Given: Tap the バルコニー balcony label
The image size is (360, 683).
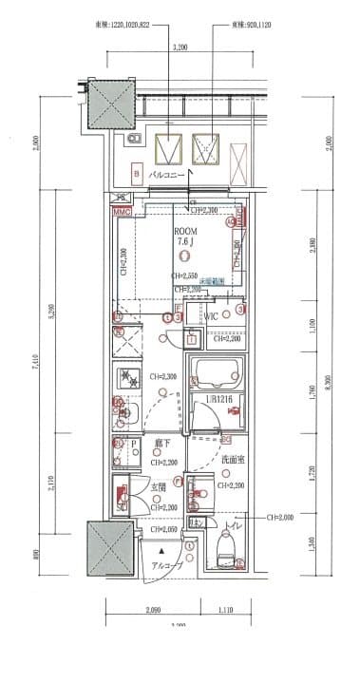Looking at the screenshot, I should [x=167, y=176].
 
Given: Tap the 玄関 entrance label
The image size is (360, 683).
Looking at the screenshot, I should [x=158, y=488].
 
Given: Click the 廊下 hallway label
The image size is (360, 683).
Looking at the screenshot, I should [x=166, y=442].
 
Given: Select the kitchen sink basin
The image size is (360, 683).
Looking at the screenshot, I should [x=126, y=412].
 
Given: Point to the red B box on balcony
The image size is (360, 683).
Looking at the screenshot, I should [x=137, y=174].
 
